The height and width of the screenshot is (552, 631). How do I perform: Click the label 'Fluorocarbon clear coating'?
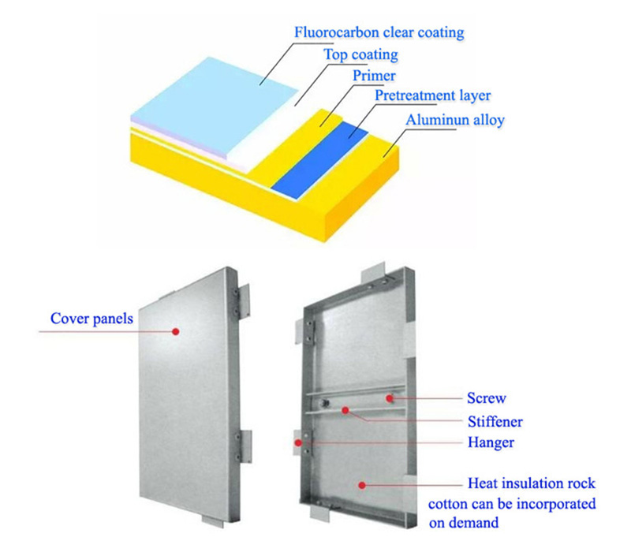coord(379,32)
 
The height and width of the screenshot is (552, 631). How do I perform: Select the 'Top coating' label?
coord(361,54)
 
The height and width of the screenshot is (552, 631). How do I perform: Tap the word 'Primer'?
coord(374,76)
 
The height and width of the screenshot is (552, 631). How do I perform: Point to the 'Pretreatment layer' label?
coord(432,95)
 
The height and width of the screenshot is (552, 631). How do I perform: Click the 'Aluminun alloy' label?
coord(455,120)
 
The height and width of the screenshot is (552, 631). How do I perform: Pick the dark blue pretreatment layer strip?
coord(320,160)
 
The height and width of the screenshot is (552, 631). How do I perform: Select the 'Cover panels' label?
coord(91,319)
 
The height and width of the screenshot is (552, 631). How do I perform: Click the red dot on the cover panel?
coord(175,331)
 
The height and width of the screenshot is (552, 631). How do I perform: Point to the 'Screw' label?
coord(486,398)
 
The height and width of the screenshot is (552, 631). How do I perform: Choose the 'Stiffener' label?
coord(495,422)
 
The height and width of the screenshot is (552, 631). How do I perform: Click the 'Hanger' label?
coord(491,442)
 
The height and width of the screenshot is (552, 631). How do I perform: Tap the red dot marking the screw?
coord(389,398)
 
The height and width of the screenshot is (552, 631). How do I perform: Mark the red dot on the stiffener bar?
coord(345,410)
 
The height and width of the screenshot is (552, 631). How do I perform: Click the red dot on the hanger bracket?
coord(298,442)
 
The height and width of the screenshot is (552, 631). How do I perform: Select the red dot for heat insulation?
coord(362,485)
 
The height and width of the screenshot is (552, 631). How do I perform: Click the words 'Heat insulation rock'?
coord(531,483)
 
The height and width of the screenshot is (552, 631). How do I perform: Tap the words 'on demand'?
coord(464,523)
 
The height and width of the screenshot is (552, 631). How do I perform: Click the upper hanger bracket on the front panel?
coord(242,301)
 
